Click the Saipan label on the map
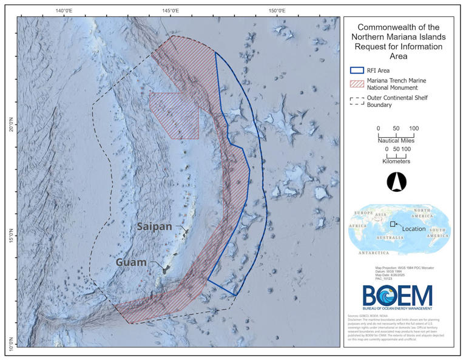click(x=154, y=226)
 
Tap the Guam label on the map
click(x=132, y=262)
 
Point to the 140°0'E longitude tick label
click(x=64, y=10)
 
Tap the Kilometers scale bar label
click(x=396, y=161)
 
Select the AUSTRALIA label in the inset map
click(x=394, y=237)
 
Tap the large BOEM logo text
click(x=397, y=296)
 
